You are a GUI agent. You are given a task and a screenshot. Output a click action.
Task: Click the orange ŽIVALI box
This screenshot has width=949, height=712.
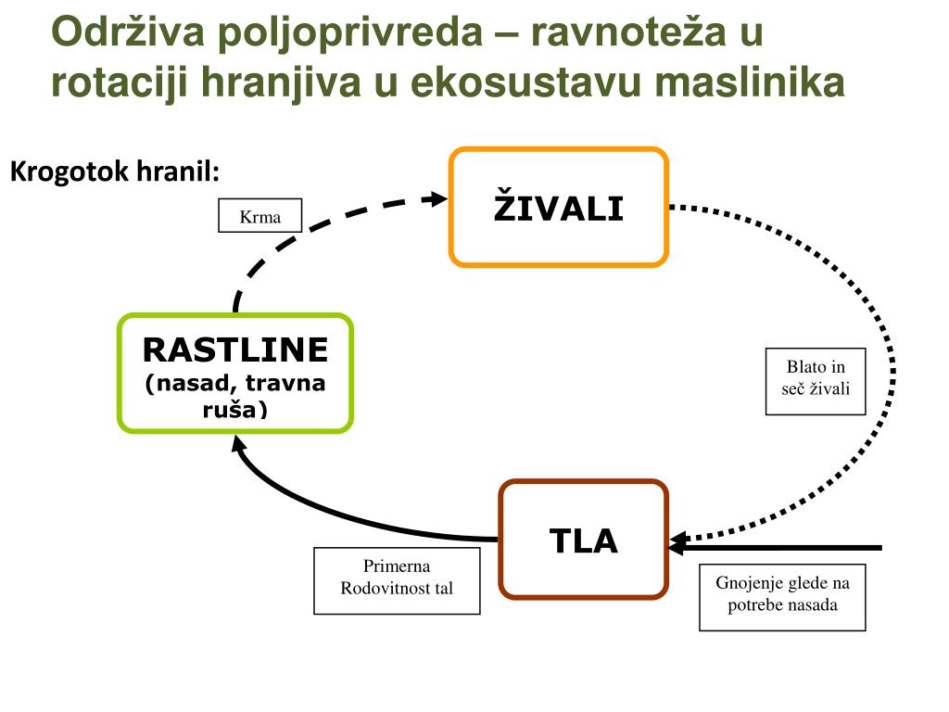pyautogui.click(x=558, y=208)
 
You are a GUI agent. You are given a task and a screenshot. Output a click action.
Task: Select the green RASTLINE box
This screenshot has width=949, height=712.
pyautogui.click(x=235, y=373)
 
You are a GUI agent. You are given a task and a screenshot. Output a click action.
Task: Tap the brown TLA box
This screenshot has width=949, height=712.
pyautogui.click(x=584, y=540)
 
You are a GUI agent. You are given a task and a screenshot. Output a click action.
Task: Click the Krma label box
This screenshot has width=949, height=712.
pyautogui.click(x=260, y=215)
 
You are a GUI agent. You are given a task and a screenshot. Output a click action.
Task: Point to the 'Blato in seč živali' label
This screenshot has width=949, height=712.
pyautogui.click(x=816, y=381)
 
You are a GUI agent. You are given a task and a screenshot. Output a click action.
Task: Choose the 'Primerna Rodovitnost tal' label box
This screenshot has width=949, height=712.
pyautogui.click(x=397, y=580)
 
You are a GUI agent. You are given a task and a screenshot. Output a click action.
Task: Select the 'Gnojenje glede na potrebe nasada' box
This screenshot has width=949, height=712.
pyautogui.click(x=782, y=597)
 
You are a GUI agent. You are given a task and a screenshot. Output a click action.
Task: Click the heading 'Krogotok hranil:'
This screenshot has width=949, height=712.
pyautogui.click(x=115, y=172)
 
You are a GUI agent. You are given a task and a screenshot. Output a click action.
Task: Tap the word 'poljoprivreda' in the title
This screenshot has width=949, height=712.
pyautogui.click(x=351, y=33)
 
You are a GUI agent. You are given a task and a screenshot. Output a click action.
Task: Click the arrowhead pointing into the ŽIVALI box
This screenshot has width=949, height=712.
pyautogui.click(x=436, y=197)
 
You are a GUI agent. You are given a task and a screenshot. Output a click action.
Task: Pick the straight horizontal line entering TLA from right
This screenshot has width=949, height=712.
pyautogui.click(x=788, y=547)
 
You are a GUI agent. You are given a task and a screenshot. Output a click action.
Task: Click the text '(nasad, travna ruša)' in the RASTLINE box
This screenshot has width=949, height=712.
pyautogui.click(x=235, y=395)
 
